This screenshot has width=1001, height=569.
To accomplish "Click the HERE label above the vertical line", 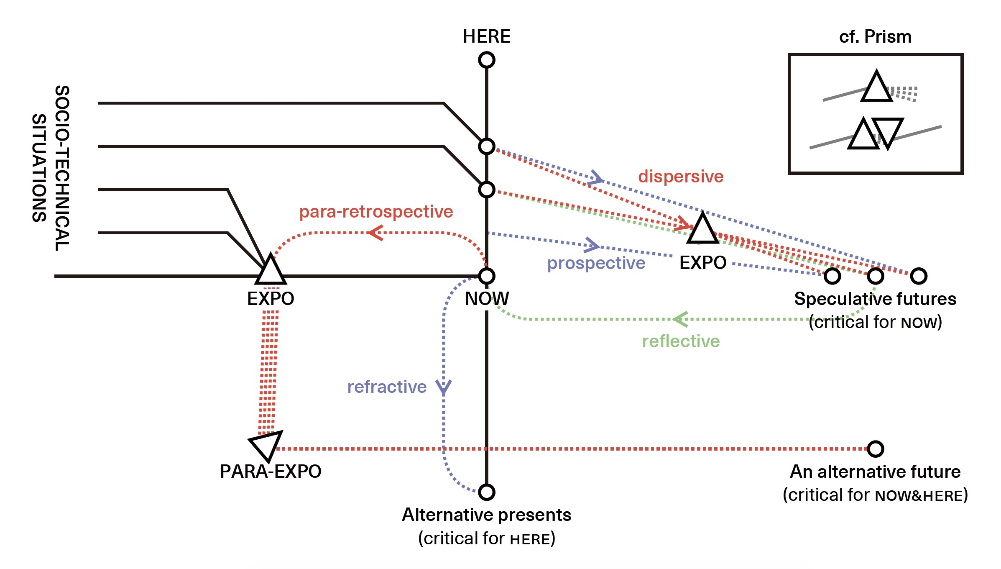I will [x=486, y=36].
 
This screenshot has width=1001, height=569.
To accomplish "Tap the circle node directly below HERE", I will [x=487, y=60].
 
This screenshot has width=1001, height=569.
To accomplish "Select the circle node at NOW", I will [x=487, y=276].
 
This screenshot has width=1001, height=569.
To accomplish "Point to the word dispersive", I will [x=681, y=177].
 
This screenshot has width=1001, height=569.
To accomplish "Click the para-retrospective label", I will [x=376, y=212].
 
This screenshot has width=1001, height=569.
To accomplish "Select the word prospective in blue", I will [x=596, y=263].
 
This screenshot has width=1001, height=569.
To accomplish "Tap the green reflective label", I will [x=681, y=341].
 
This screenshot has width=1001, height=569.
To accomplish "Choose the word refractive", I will [x=387, y=387].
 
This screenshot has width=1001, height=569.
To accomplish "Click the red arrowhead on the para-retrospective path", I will [x=375, y=233].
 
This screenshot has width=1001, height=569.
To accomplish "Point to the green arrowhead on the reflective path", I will [x=680, y=319].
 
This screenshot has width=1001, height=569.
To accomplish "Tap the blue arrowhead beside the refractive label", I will [x=443, y=387].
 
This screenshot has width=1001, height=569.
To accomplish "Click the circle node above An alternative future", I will [x=875, y=449].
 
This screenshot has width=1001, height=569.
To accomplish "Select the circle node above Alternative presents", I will [x=487, y=492].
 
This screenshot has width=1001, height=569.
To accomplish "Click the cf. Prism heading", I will [x=875, y=37].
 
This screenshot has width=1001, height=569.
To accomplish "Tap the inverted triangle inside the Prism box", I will [x=888, y=131].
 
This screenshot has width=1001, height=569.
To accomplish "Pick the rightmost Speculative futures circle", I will [x=919, y=276].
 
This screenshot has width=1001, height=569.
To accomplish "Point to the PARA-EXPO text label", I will [x=271, y=472].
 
